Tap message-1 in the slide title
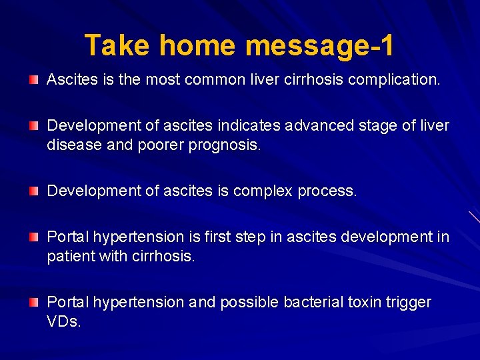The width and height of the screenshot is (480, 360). (x=319, y=46)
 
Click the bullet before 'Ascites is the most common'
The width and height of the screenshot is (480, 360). (x=34, y=80)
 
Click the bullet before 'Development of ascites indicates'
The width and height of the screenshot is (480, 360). (x=34, y=126)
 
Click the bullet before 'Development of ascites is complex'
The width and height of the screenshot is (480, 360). (x=34, y=191)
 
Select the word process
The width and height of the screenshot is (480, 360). (x=327, y=192)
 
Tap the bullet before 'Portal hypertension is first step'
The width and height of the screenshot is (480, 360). (x=34, y=237)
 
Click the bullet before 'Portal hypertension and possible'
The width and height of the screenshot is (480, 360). (x=34, y=302)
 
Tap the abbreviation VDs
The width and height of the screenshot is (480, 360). (x=64, y=322)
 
